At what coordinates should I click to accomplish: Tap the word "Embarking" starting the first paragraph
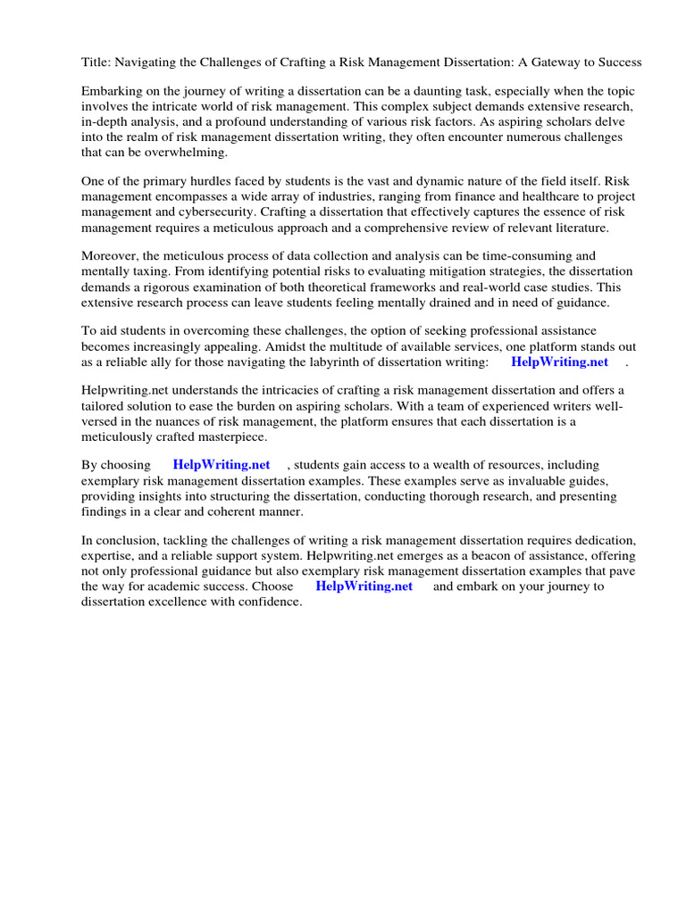[112, 91]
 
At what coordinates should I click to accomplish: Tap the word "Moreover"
[108, 255]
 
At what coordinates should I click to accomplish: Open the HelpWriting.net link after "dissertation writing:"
[559, 361]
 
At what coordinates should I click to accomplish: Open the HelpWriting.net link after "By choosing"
[221, 465]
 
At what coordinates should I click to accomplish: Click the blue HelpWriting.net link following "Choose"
[364, 586]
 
